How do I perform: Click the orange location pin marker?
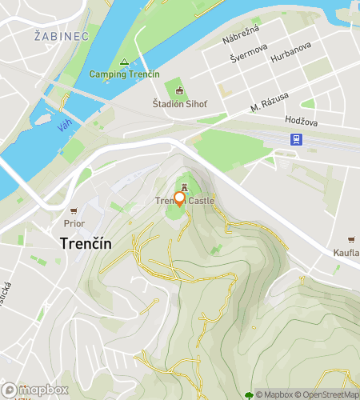coord(179,199)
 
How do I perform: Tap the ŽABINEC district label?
coord(57,35)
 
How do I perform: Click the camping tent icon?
coord(124,62)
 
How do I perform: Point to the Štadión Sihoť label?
coord(179,103)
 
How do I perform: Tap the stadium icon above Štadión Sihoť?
coord(179,90)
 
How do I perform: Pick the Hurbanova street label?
coord(290,58)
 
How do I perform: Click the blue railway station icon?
coord(296,139)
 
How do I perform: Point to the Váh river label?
coord(66,126)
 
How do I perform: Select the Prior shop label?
coord(74,224)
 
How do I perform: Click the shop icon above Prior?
coord(74,211)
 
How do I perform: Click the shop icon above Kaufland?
coord(350,240)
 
